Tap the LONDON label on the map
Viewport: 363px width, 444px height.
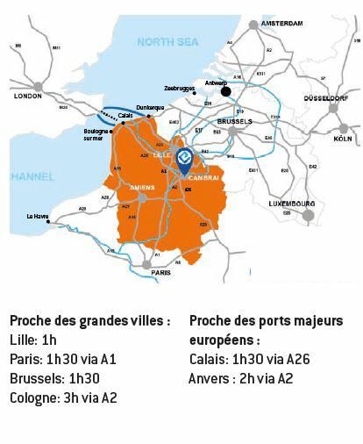tap(29, 97)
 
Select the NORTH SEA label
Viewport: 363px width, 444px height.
tap(168, 41)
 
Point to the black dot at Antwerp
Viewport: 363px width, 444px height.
tap(225, 90)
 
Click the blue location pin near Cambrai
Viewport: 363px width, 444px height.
tap(184, 159)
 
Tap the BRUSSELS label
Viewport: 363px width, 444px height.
tap(234, 121)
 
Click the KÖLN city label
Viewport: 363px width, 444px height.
tap(342, 139)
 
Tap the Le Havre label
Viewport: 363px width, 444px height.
tap(38, 216)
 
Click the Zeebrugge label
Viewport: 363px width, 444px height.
tap(180, 89)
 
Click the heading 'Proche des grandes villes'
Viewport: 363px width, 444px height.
tap(90, 321)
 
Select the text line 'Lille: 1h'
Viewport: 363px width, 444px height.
tap(32, 340)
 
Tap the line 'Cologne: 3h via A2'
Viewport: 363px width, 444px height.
tap(63, 397)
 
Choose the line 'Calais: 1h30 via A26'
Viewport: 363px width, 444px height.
tap(249, 360)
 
